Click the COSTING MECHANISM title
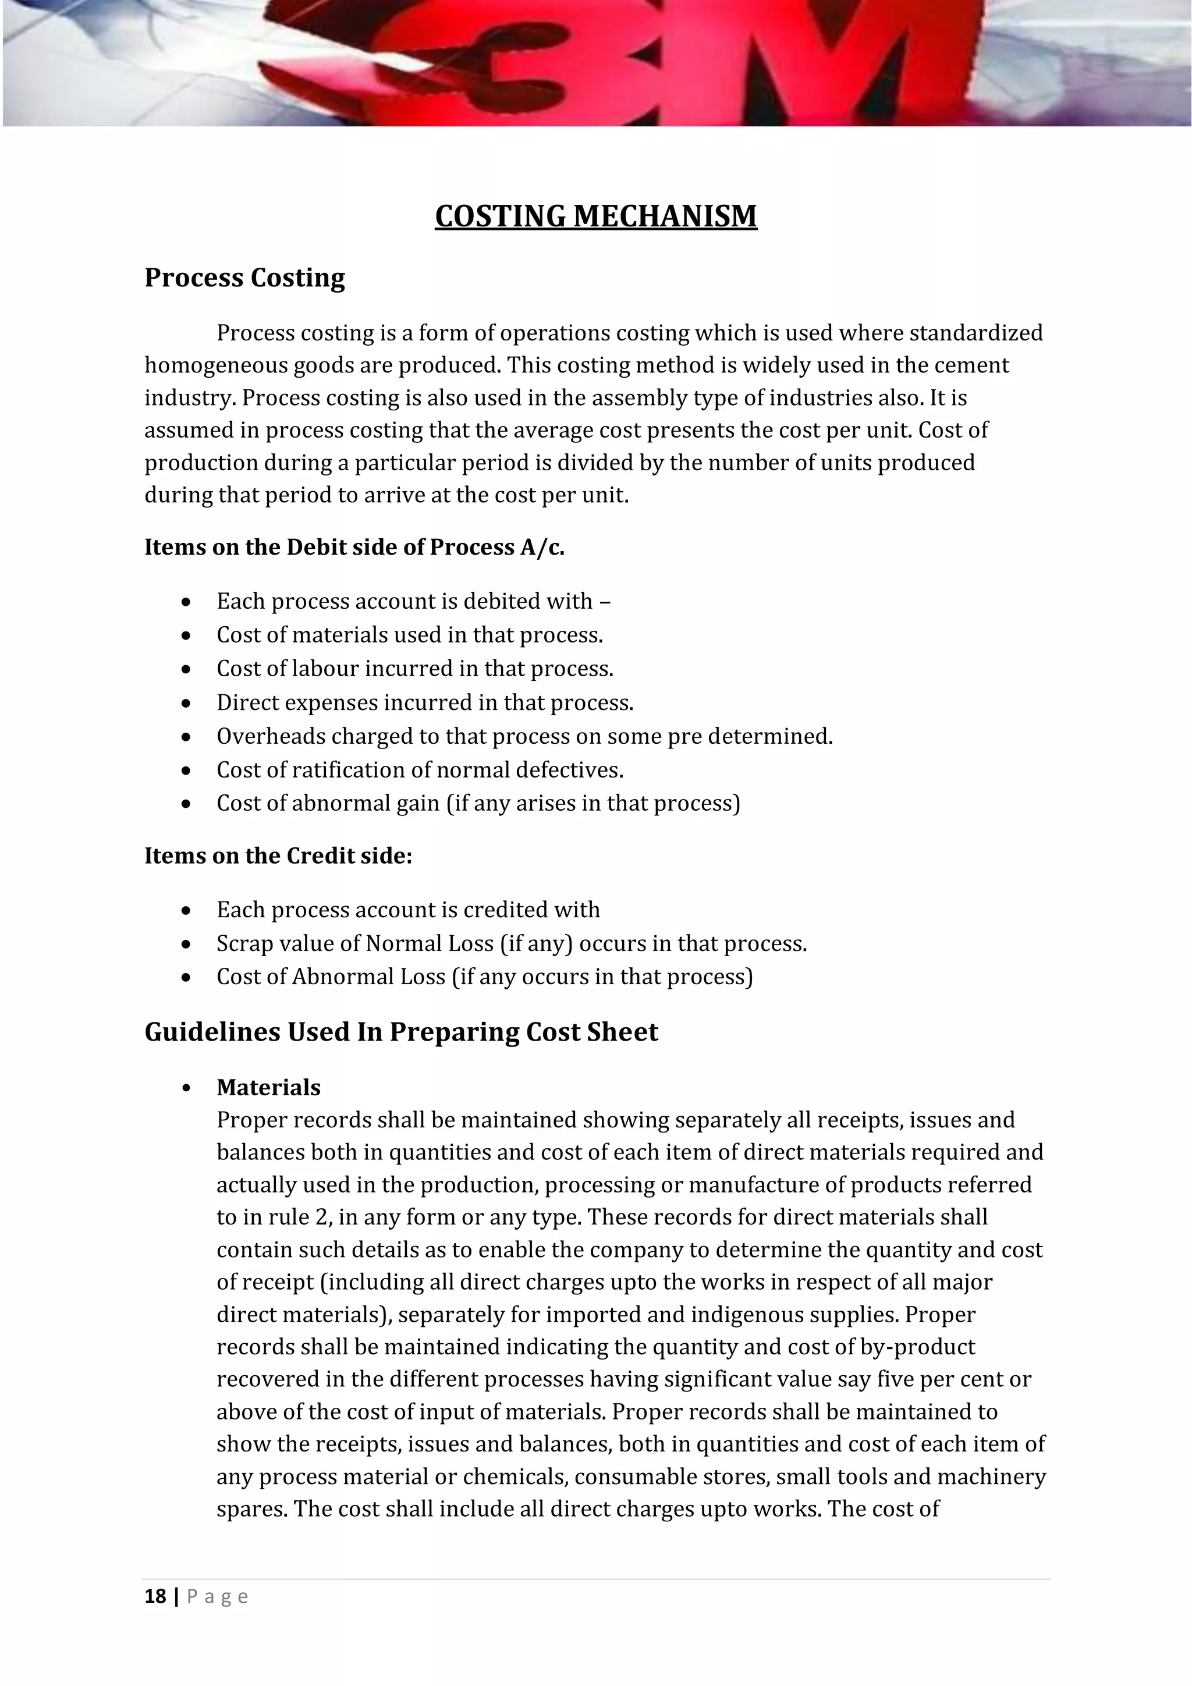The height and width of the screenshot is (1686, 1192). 595,216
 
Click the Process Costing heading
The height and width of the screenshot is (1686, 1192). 244,278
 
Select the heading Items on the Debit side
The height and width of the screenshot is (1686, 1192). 354,547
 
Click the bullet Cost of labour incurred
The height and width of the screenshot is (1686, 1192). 414,669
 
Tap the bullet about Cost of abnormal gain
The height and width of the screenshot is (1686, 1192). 477,803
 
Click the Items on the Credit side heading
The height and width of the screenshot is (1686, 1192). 278,856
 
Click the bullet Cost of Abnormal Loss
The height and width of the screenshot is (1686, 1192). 484,977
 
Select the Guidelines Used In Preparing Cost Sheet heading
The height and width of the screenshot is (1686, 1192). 401,1032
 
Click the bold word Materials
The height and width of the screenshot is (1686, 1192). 268,1088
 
